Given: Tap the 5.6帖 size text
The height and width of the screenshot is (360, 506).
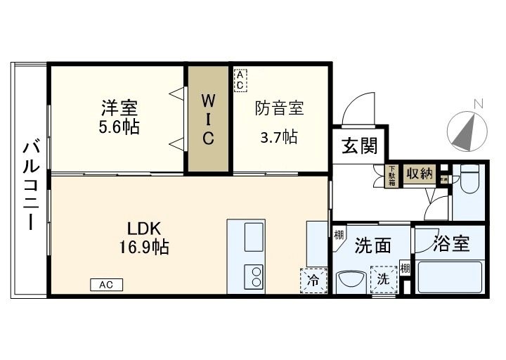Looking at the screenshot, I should click(119, 127).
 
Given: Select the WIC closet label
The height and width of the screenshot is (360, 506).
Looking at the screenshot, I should click(208, 118).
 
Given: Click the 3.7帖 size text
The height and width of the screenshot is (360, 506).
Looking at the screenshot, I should click(279, 136).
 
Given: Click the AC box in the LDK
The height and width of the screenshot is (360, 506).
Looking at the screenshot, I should click(106, 285).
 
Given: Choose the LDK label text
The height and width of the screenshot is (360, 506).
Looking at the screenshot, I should click(144, 229).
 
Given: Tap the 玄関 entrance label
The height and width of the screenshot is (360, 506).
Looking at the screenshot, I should click(360, 146).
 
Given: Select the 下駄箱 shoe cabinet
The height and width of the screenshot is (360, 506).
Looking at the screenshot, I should click(392, 175).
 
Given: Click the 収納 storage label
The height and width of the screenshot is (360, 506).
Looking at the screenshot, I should click(419, 173).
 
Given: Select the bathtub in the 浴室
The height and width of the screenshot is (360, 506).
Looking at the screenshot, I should click(449, 278).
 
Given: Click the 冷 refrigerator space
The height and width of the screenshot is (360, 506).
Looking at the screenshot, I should click(313, 280).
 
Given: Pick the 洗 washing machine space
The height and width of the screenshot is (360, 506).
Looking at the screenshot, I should click(384, 278).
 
